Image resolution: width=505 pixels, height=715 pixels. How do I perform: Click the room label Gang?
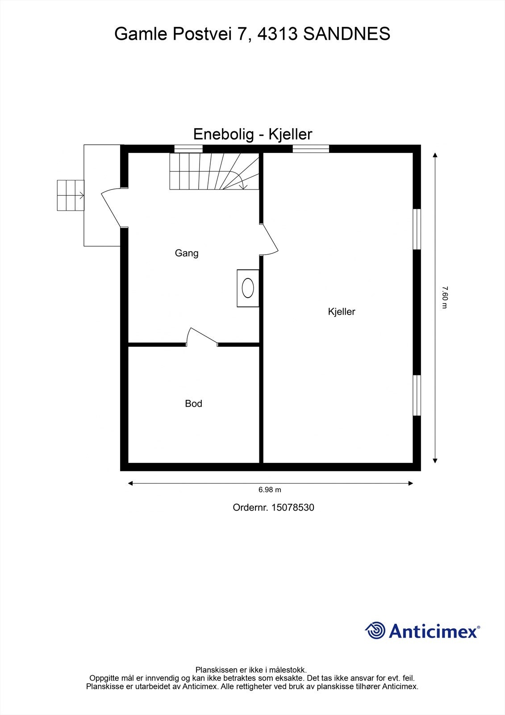point(186,253)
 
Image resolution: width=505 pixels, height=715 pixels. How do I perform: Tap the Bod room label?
point(193,404)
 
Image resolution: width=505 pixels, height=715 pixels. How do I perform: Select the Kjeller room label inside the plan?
point(341,311)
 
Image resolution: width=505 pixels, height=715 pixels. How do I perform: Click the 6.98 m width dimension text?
point(270,490)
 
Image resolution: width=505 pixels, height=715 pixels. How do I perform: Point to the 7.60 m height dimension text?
point(444,297)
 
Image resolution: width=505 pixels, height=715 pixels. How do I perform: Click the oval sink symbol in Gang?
point(248,288)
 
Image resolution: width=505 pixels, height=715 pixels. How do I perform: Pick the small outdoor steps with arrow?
point(71,195)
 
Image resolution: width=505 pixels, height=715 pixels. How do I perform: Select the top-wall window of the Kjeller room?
point(311,149)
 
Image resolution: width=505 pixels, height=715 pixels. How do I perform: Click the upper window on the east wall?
point(417,229)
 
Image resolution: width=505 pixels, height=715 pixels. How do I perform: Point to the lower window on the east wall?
point(417,395)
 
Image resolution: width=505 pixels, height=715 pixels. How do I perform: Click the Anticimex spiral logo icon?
point(375,631)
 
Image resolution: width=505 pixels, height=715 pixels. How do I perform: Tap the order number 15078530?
point(292,508)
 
